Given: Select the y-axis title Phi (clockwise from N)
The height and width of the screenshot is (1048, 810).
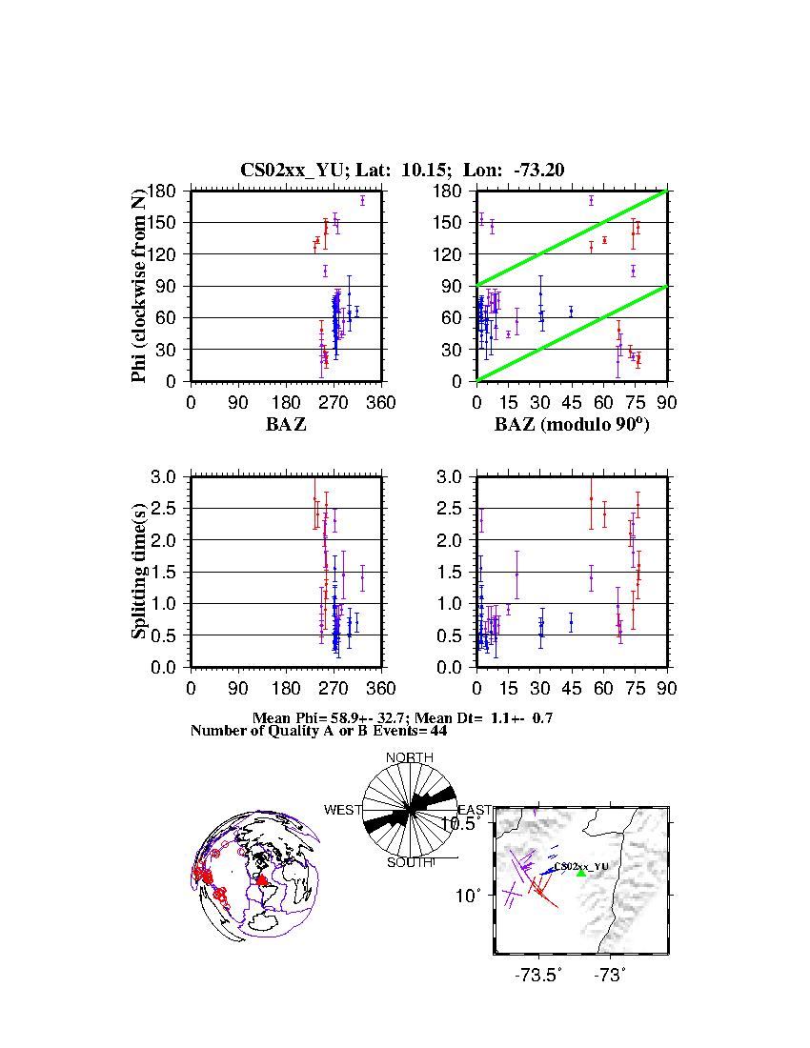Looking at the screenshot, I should click(x=140, y=286).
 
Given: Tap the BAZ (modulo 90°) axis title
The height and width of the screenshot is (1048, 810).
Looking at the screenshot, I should click(x=571, y=424).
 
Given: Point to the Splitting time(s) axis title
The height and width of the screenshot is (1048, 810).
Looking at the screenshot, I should click(x=140, y=572).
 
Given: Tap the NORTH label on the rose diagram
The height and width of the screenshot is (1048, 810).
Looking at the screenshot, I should click(x=410, y=758).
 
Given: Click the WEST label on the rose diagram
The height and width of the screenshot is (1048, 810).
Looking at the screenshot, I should click(x=343, y=810).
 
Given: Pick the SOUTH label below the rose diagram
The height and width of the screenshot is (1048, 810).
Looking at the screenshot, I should click(x=410, y=863).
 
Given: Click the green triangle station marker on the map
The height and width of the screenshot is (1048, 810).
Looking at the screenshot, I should click(x=581, y=873).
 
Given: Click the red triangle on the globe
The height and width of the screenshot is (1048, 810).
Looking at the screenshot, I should click(x=261, y=880).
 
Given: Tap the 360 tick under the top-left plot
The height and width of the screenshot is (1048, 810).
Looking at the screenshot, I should click(x=381, y=403).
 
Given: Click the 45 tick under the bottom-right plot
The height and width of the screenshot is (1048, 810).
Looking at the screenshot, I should click(x=571, y=689).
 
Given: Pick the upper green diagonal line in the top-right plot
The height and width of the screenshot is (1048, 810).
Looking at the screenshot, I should click(x=572, y=238).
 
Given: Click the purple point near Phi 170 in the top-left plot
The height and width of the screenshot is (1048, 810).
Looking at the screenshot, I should click(x=363, y=200).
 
